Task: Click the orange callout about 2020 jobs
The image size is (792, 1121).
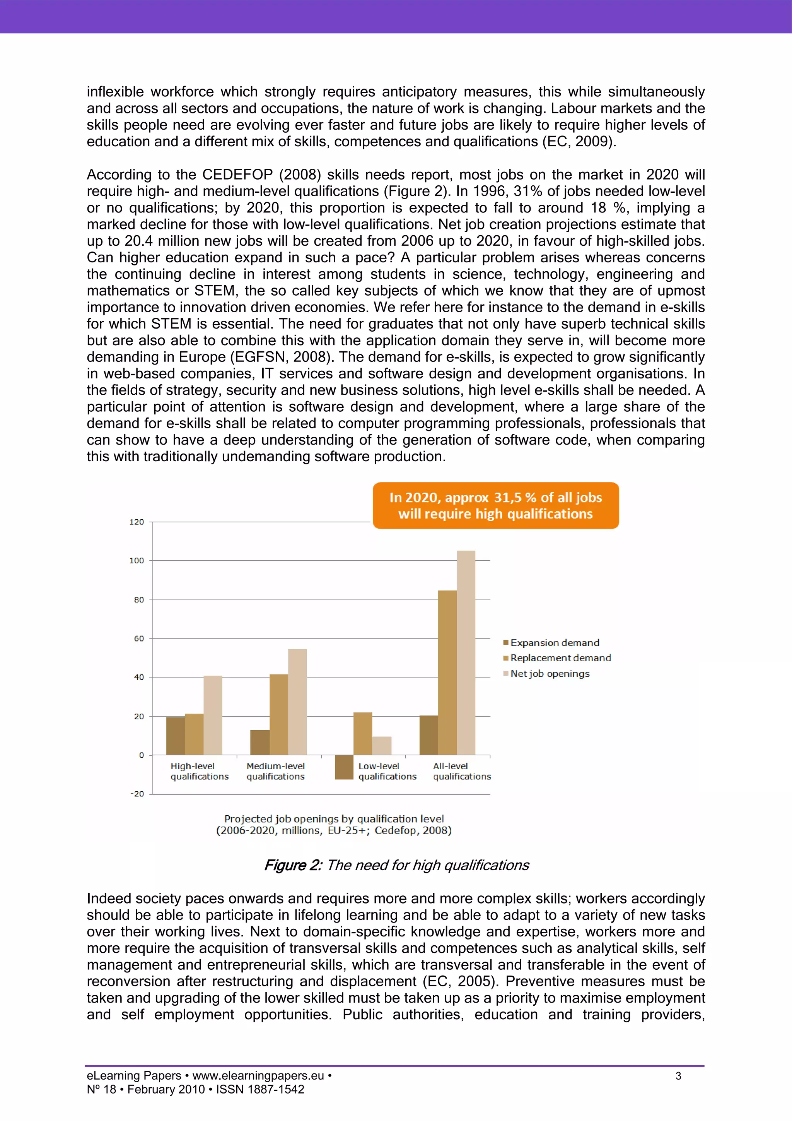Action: coord(495,505)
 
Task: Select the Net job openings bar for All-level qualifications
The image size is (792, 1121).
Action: coord(466,653)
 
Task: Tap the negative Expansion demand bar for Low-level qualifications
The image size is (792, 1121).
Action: coord(344,767)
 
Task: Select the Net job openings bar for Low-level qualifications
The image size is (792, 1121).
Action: coord(382,746)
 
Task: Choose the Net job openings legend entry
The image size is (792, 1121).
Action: coord(550,673)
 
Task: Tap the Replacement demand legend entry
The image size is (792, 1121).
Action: coord(560,658)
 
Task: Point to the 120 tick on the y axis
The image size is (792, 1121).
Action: coord(137,522)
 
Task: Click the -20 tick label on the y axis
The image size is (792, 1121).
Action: coord(137,794)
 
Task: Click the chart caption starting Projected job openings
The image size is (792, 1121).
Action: coord(334,825)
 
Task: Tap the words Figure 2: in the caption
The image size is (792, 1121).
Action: coord(292,865)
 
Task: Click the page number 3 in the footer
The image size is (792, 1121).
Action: coord(678,1076)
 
